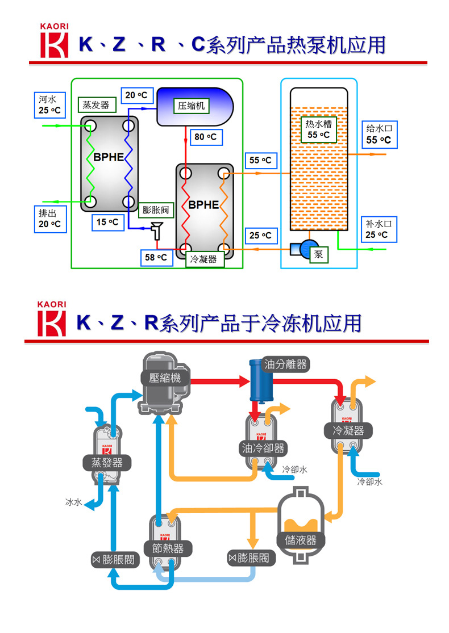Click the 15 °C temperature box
107,223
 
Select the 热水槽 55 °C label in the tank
319,129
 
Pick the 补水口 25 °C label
379,229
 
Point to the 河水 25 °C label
49,104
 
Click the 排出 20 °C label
49,219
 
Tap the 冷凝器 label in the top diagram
203,259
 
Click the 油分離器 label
286,364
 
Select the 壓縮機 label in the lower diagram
165,378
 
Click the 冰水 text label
74,502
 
